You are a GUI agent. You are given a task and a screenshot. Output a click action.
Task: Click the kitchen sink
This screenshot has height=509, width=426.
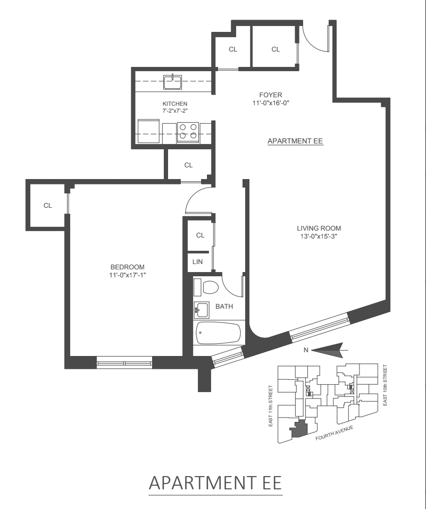pyautogui.click(x=173, y=82)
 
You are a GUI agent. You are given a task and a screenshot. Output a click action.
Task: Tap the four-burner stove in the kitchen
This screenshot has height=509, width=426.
pyautogui.click(x=188, y=131)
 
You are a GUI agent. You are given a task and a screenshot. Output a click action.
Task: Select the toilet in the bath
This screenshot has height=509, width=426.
pyautogui.click(x=210, y=287)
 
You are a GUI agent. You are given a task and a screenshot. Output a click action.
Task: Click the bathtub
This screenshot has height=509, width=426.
pyautogui.click(x=218, y=334)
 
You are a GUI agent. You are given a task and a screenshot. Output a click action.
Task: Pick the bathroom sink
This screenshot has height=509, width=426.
pyautogui.click(x=201, y=309)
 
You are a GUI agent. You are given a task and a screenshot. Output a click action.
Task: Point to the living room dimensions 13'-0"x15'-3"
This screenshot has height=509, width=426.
pyautogui.click(x=318, y=236)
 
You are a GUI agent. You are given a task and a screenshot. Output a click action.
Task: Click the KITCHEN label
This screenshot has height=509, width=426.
pyautogui.click(x=175, y=104)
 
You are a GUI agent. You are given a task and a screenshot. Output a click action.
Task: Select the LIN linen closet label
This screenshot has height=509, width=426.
pyautogui.click(x=197, y=261)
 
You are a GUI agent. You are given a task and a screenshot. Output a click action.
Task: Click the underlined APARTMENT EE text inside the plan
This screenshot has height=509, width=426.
pyautogui.click(x=295, y=141)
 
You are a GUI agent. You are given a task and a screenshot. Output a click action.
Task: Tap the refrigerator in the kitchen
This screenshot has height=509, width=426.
pyautogui.click(x=148, y=131)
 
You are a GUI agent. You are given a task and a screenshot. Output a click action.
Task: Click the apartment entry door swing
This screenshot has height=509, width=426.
pyautogui.click(x=314, y=38)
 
